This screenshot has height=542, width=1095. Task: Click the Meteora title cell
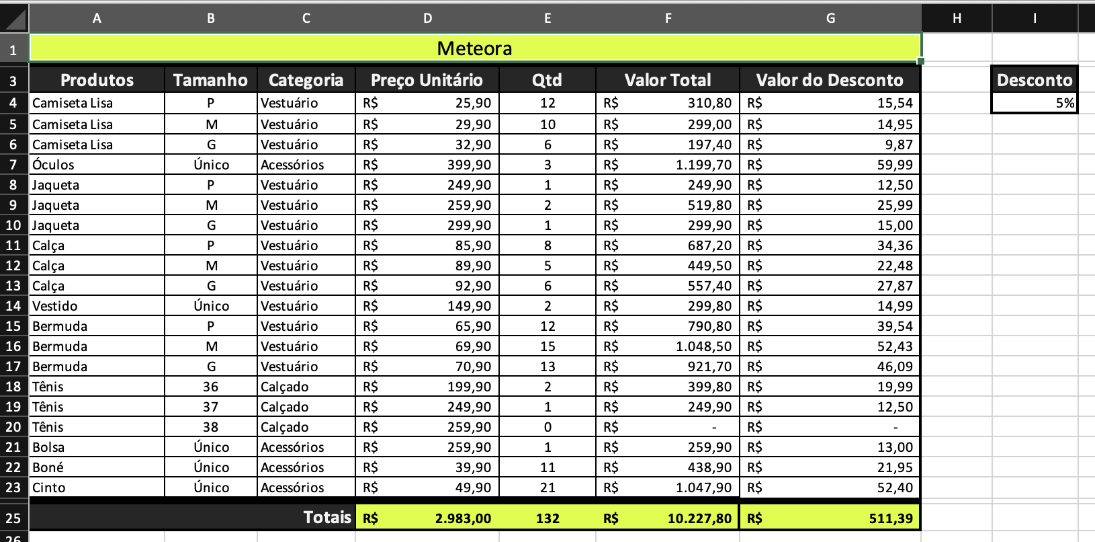(474, 48)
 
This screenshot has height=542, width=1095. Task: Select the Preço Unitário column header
(427, 80)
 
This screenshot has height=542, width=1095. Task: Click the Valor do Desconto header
(830, 80)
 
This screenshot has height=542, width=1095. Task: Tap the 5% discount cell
(1035, 103)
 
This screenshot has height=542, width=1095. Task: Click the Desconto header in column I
(1035, 80)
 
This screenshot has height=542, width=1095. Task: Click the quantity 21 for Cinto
(547, 488)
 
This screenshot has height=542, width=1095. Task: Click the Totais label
(327, 517)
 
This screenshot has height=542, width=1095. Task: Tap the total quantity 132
(547, 518)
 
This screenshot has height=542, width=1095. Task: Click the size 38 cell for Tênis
(211, 427)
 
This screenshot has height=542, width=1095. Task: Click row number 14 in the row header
(13, 306)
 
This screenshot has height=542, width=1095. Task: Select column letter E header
(547, 18)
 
